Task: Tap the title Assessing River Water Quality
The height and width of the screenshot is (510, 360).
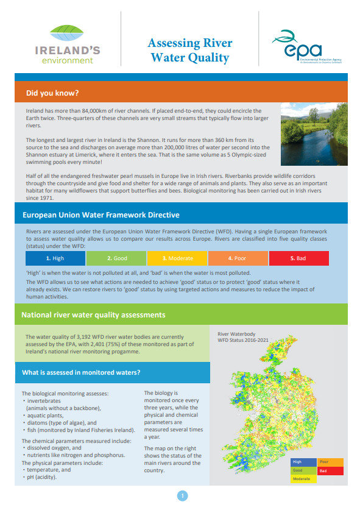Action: pyautogui.click(x=189, y=51)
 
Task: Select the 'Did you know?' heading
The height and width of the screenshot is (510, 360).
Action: pyautogui.click(x=52, y=93)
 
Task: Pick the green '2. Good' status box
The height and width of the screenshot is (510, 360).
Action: pyautogui.click(x=117, y=259)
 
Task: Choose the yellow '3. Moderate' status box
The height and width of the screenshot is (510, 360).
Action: pyautogui.click(x=180, y=259)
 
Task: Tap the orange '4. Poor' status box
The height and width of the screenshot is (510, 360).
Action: pyautogui.click(x=243, y=259)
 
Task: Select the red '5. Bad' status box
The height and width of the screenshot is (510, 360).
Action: pyautogui.click(x=306, y=259)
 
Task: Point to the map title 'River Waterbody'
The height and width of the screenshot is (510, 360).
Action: pyautogui.click(x=238, y=334)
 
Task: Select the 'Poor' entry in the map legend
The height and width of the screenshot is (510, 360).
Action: pyautogui.click(x=330, y=462)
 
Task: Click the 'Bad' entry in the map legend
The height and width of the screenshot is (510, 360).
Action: pyautogui.click(x=330, y=471)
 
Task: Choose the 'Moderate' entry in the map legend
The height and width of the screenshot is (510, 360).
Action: pyautogui.click(x=303, y=480)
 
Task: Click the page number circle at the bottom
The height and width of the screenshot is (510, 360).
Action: pyautogui.click(x=180, y=495)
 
